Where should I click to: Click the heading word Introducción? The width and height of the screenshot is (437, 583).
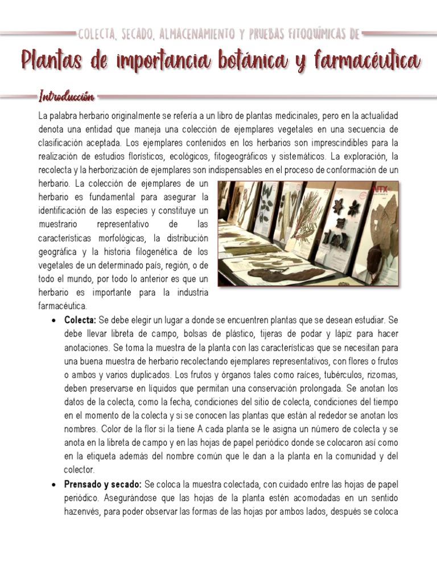[x=66, y=95]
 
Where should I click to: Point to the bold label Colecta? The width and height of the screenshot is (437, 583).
[x=80, y=321]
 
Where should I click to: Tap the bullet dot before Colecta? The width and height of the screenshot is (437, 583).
[x=53, y=321]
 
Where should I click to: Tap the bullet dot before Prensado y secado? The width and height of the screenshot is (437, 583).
[x=53, y=485]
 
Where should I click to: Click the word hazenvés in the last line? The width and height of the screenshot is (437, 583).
[x=83, y=511]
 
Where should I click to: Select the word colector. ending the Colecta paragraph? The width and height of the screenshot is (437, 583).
[x=79, y=470]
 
